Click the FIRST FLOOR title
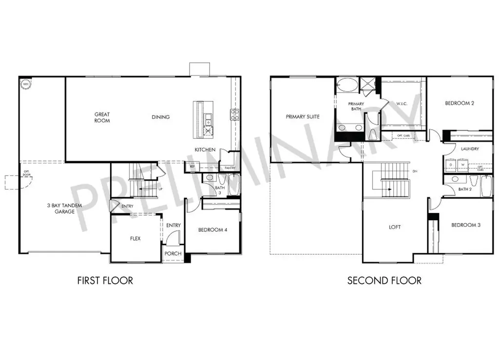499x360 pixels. click(x=105, y=281)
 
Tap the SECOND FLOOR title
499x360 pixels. click(x=384, y=281)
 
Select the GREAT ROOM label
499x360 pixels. click(x=102, y=117)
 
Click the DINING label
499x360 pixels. click(x=160, y=117)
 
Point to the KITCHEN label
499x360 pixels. click(x=205, y=150)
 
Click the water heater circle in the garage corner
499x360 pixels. click(x=25, y=83)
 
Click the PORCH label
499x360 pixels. click(x=173, y=253)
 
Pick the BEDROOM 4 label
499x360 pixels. click(x=213, y=230)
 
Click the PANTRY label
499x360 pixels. click(x=230, y=168)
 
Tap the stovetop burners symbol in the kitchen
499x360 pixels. click(x=234, y=115)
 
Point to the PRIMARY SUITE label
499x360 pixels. click(x=303, y=117)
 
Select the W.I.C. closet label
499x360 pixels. click(x=402, y=103)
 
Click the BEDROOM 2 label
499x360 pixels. click(x=460, y=103)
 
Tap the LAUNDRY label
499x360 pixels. click(x=469, y=149)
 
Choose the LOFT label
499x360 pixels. click(x=395, y=227)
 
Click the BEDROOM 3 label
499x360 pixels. click(x=465, y=225)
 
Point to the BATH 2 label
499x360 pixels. click(x=465, y=189)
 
